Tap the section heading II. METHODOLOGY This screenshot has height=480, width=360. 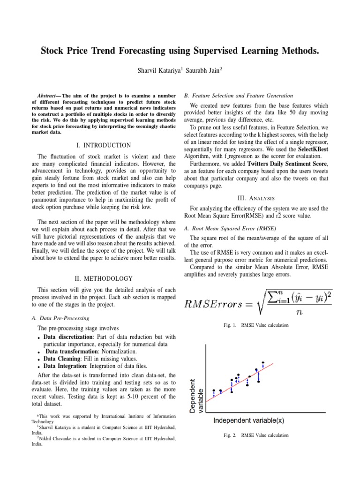coord(104,278)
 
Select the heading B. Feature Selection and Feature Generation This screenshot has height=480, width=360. coord(239,95)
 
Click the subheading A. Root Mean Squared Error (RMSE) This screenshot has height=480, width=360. coord(230,228)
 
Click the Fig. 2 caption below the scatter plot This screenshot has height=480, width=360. coord(256,435)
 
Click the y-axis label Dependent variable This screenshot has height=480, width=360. coord(196,397)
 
